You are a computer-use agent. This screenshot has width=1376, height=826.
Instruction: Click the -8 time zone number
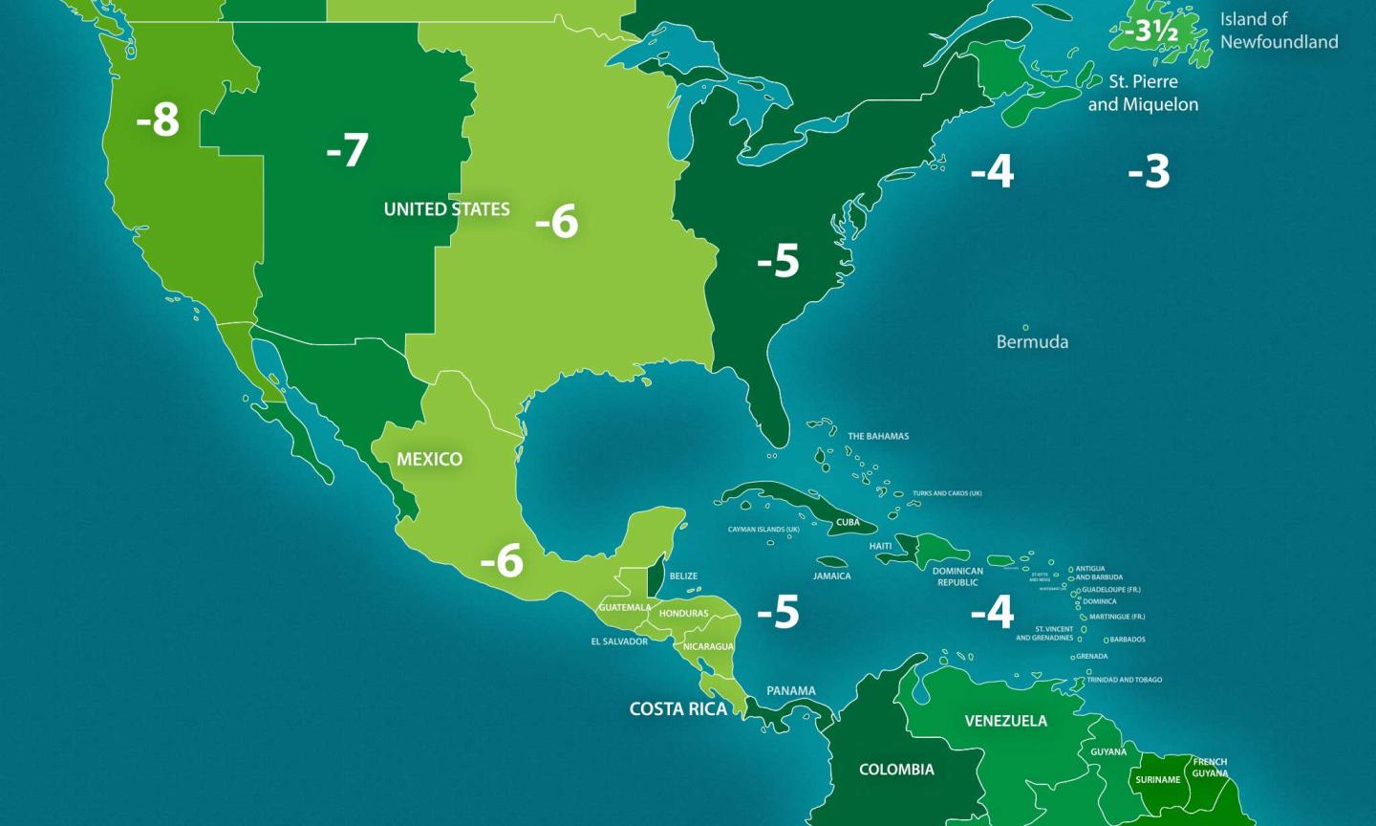(158, 120)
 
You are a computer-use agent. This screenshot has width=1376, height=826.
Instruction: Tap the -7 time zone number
(347, 150)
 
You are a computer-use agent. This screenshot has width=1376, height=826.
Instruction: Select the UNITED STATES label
(446, 209)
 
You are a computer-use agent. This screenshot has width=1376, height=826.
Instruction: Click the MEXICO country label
(429, 460)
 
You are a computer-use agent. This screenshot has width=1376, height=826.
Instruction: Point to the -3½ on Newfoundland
(1151, 33)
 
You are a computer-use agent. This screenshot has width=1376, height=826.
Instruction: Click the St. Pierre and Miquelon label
(1143, 93)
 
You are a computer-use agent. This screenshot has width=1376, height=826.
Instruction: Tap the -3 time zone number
(1149, 172)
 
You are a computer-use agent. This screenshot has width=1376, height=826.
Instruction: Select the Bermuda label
(1032, 342)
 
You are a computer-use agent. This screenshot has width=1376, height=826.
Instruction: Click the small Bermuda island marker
(1025, 327)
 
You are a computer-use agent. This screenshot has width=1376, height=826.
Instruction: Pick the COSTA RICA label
(677, 709)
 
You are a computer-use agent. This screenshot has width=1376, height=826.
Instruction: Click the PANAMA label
(791, 691)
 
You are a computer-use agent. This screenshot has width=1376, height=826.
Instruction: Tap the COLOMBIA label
(896, 770)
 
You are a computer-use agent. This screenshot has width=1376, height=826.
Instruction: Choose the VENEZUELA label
(1005, 721)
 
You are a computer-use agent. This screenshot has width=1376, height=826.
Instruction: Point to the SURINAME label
(1157, 780)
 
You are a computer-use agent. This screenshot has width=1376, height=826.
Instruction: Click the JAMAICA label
(831, 576)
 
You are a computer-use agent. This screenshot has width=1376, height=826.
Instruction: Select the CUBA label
(848, 523)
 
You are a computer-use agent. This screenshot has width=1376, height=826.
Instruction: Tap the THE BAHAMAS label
(878, 437)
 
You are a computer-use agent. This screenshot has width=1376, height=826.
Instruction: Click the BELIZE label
(683, 576)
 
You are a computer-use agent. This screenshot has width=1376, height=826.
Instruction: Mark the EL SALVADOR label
(619, 641)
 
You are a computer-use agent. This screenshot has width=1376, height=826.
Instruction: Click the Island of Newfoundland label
(1279, 31)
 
